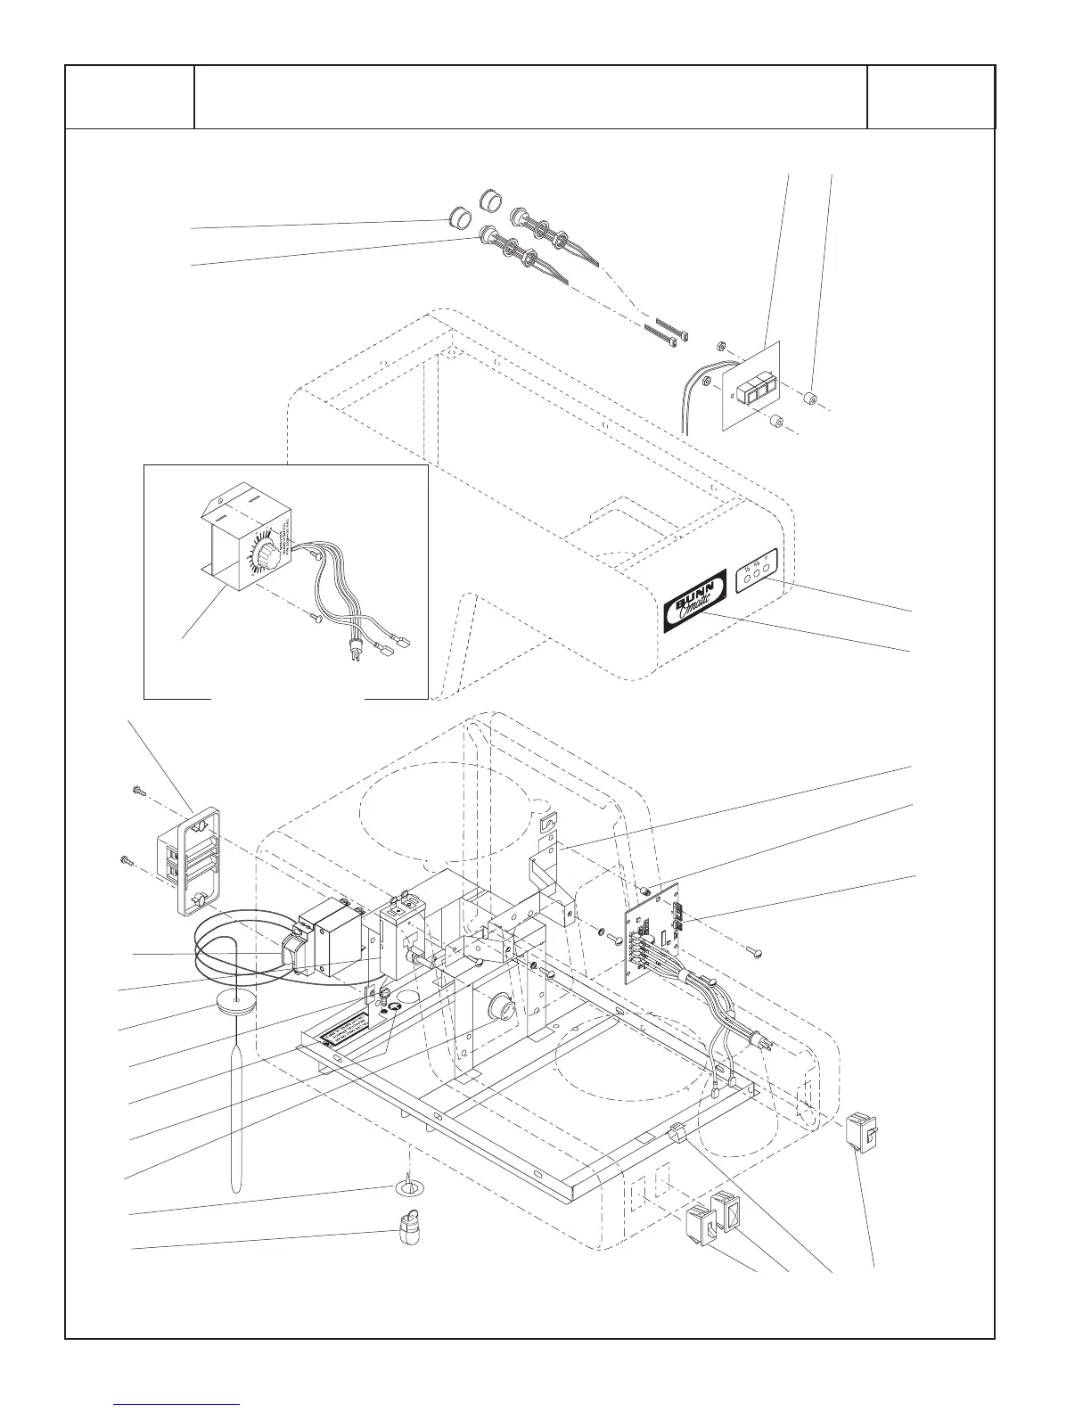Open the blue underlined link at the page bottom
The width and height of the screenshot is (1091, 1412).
(177, 1403)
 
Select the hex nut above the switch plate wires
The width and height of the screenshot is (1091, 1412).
(720, 347)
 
